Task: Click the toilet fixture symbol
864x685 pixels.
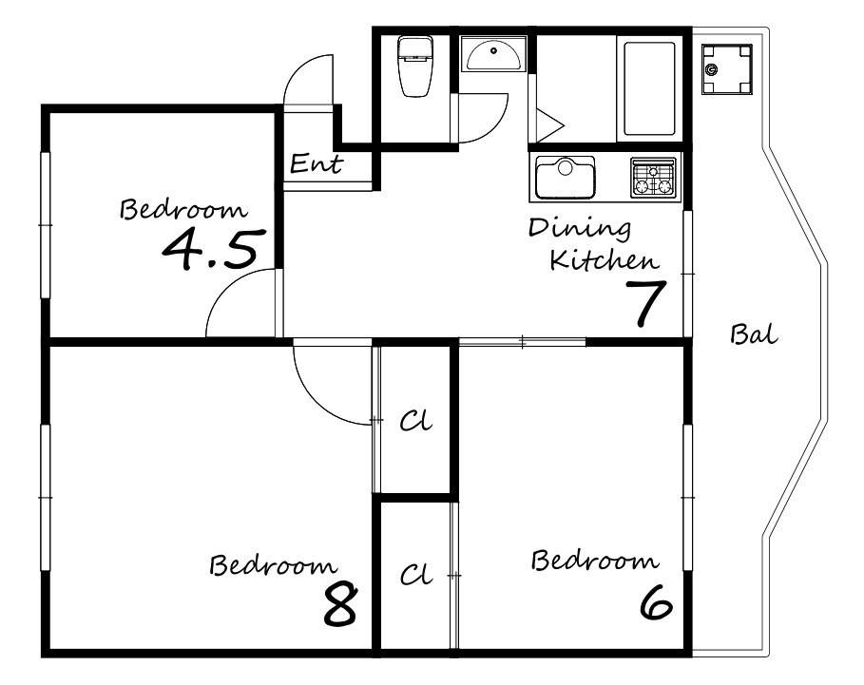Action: [x=415, y=67]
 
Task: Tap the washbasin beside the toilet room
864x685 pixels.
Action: [x=493, y=54]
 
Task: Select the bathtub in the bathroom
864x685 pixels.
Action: [x=649, y=88]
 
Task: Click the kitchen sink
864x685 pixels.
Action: [x=566, y=177]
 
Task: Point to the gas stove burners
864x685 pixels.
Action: [x=654, y=178]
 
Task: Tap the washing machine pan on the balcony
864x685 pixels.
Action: [x=727, y=69]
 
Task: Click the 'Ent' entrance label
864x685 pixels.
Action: [x=317, y=163]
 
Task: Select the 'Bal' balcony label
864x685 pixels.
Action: [x=754, y=334]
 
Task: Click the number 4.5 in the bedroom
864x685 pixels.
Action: [x=210, y=250]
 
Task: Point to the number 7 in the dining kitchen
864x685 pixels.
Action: [x=645, y=303]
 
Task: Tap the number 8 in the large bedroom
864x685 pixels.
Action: [x=340, y=604]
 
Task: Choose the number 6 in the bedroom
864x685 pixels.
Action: [x=656, y=601]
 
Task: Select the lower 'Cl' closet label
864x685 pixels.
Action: [x=416, y=575]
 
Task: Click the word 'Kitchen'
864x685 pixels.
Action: [x=605, y=260]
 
